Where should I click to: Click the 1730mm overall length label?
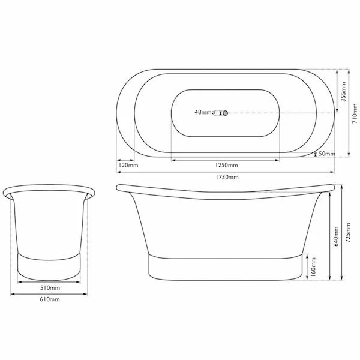pos(227,177)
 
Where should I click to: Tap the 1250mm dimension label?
pos(226,165)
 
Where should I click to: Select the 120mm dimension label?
pos(128,165)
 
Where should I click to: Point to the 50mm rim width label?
pos(327,154)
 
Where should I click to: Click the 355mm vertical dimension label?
pos(343,92)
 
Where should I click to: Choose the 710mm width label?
pos(355,113)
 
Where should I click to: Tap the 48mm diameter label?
pos(205,112)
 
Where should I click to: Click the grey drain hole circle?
pos(225,113)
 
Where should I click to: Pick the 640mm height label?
pos(336,236)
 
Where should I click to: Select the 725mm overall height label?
pos(348,233)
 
